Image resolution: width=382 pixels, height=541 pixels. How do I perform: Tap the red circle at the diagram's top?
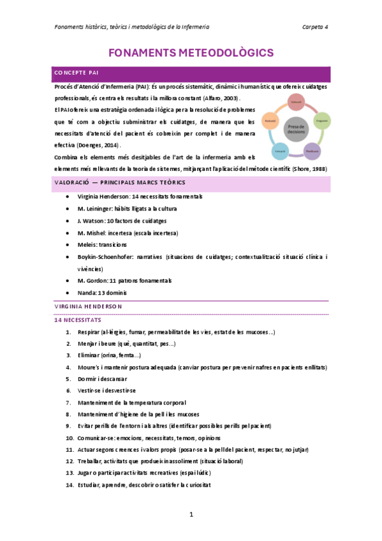coord(295,102)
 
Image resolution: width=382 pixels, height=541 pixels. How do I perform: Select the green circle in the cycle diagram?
coord(321,120)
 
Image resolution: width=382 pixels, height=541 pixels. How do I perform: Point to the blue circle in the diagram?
coord(279,151)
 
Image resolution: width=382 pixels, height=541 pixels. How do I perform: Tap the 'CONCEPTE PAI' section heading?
coord(77,72)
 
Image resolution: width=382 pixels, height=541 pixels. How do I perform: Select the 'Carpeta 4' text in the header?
coord(315,27)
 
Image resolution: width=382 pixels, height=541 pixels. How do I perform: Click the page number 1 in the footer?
coord(191,514)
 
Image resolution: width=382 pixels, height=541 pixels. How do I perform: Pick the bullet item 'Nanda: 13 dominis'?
coord(101,293)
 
